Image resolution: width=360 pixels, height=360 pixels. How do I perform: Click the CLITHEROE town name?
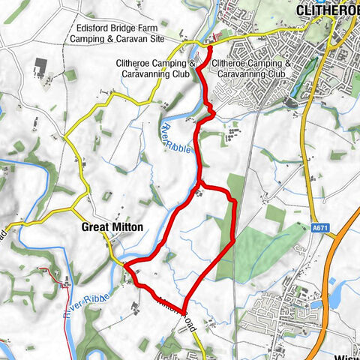click(328, 10)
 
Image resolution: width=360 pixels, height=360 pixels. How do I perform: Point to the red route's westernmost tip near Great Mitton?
click(126, 265)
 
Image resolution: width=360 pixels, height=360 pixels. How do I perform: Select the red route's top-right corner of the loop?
click(233, 200)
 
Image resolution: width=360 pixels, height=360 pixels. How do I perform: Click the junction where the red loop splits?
click(200, 182)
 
